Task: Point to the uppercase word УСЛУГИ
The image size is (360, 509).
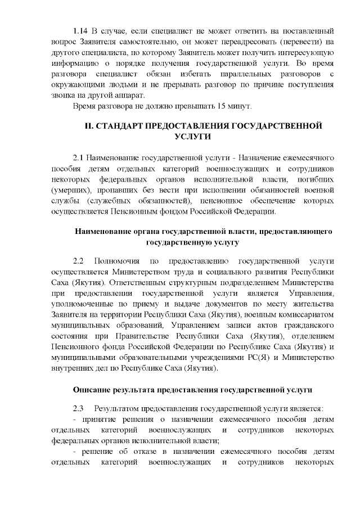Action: point(194,136)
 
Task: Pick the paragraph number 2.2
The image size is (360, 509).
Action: point(79,261)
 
